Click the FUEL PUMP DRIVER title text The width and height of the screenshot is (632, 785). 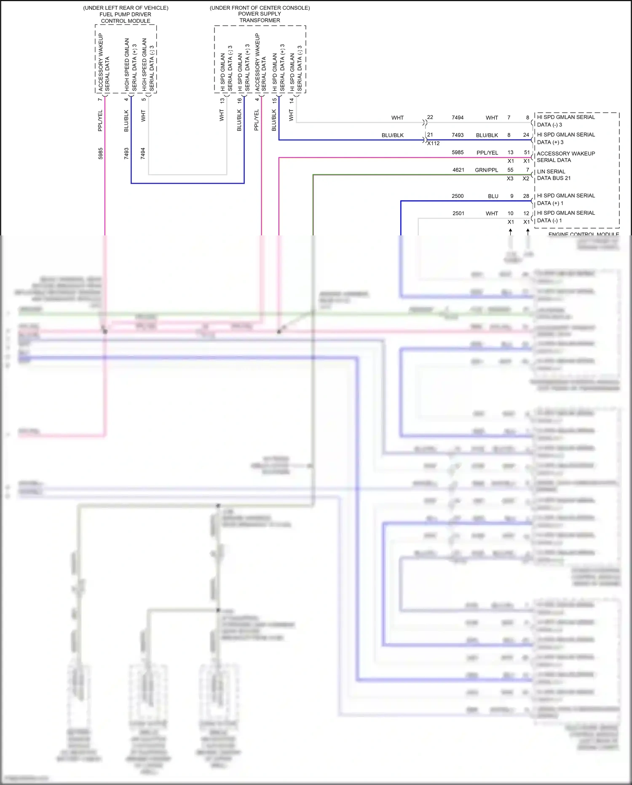125,14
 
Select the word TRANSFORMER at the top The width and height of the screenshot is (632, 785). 260,20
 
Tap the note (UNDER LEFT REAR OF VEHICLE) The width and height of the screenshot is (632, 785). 126,8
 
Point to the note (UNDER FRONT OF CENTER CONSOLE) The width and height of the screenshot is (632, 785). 260,8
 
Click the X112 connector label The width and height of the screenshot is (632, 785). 433,143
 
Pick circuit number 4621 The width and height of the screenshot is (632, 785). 458,170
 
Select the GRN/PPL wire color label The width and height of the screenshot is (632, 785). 486,170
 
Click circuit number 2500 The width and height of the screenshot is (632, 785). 458,196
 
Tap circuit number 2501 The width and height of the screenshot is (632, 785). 458,213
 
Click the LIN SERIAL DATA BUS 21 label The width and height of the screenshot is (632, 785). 553,175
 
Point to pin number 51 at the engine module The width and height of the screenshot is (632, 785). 527,152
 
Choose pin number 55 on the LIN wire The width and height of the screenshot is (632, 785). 510,170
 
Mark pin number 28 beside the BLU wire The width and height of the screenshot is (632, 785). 526,196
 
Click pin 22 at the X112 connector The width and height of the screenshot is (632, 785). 430,117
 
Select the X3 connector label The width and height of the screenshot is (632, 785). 510,178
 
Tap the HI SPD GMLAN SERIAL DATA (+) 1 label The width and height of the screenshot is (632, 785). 565,199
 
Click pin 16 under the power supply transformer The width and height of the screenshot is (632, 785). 239,100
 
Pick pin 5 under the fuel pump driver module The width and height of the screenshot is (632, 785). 144,99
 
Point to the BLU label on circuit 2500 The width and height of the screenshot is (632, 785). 493,196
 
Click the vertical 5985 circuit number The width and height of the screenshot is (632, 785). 100,153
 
